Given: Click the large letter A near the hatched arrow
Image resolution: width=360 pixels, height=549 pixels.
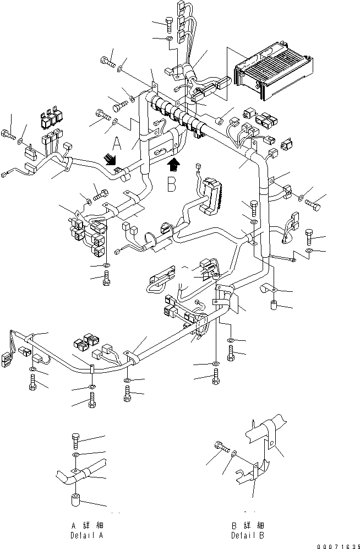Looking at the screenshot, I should pos(117,144).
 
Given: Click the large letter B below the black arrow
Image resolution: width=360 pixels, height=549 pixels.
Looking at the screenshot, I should pos(172,184).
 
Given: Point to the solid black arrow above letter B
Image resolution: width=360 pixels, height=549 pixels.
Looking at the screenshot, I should pos(173,164).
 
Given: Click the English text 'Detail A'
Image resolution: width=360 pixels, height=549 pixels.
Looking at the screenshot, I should pos(88,535).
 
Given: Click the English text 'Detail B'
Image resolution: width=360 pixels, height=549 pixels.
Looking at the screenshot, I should pos(249,535).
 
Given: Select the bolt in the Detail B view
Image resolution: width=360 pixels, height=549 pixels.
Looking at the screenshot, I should pos(221,447).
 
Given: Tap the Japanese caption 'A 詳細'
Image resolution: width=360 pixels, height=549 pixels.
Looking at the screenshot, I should pos(88,526).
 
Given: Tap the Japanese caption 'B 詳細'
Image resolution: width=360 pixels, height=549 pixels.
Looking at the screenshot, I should pos(249,526).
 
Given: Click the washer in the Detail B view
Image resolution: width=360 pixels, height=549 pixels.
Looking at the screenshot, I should pos(234,453).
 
